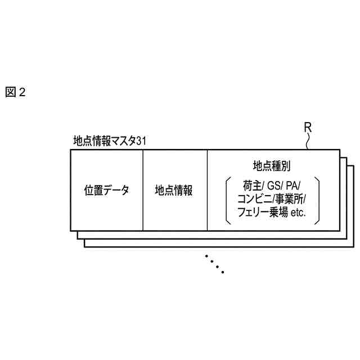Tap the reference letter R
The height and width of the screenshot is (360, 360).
click(308, 127)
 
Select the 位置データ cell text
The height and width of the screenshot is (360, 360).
click(107, 190)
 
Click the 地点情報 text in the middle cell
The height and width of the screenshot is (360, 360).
click(174, 190)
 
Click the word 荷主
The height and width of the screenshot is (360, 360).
click(250, 185)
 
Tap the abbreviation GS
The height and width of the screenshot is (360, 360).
click(273, 185)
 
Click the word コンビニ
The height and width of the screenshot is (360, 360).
click(254, 199)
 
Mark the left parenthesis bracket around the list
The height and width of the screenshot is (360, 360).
click(227, 200)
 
